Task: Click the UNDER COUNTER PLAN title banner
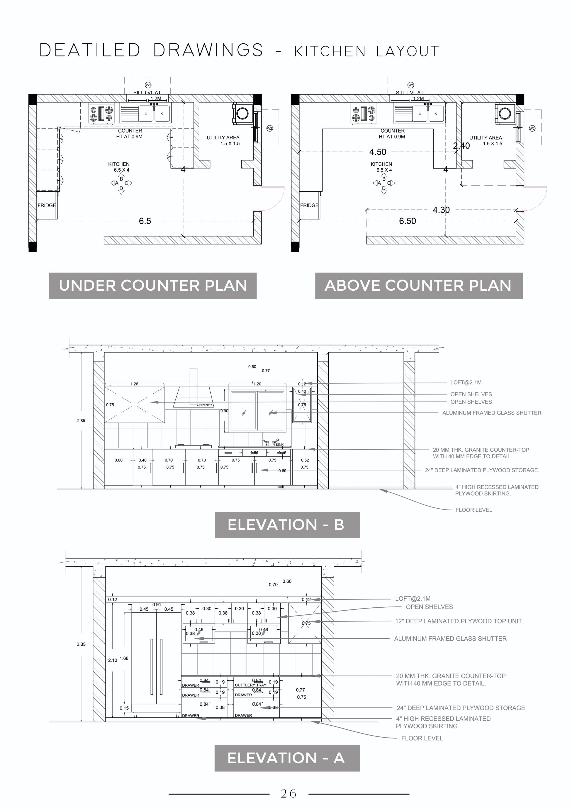153,286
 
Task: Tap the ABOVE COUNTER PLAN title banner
418,286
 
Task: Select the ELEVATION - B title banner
287,525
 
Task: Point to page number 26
288,794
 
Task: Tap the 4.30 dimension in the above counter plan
441,210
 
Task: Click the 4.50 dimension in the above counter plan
377,152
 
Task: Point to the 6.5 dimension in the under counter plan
145,221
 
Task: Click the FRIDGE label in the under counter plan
47,205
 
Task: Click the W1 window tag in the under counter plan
148,85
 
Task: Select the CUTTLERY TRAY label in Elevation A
250,685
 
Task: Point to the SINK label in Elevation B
279,445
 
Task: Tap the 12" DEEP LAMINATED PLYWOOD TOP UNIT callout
459,621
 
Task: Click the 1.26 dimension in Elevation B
134,384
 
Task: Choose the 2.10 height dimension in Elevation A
112,660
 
